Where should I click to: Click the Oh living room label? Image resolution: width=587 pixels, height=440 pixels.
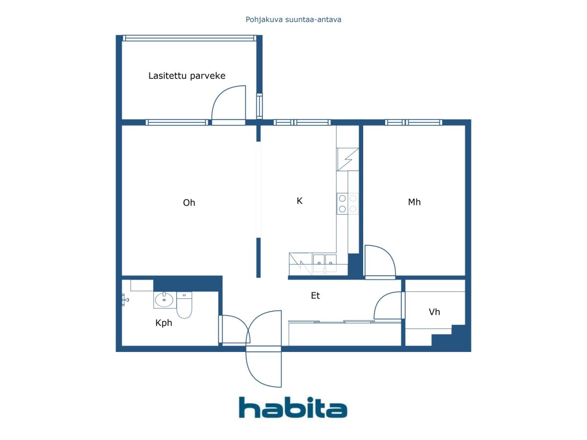[x=189, y=203]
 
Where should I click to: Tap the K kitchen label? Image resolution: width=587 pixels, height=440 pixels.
[x=299, y=201]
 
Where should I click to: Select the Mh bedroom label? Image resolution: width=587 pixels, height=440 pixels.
[x=414, y=202]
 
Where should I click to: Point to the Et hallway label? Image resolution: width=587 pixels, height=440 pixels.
[x=316, y=296]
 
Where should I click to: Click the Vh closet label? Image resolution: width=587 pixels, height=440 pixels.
[x=434, y=312]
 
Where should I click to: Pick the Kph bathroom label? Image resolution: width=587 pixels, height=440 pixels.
[x=164, y=323]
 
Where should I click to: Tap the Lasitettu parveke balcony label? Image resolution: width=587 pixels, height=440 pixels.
[x=187, y=76]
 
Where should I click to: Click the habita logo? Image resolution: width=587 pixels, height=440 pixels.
[x=293, y=407]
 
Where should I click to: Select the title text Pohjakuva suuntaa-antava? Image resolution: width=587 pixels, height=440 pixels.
[x=293, y=20]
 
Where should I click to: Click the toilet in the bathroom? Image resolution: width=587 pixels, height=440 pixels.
[x=184, y=305]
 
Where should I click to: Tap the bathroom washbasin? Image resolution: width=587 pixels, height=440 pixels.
[x=164, y=300]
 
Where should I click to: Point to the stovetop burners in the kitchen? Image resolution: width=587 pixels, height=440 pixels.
[x=348, y=203]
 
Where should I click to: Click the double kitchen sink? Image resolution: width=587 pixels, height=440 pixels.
[x=325, y=263]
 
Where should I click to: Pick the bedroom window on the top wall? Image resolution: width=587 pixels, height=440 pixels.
[x=414, y=122]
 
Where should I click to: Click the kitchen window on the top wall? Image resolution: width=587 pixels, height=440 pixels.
[x=302, y=122]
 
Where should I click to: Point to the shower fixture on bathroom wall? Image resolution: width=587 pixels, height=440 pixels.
[x=125, y=299]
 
